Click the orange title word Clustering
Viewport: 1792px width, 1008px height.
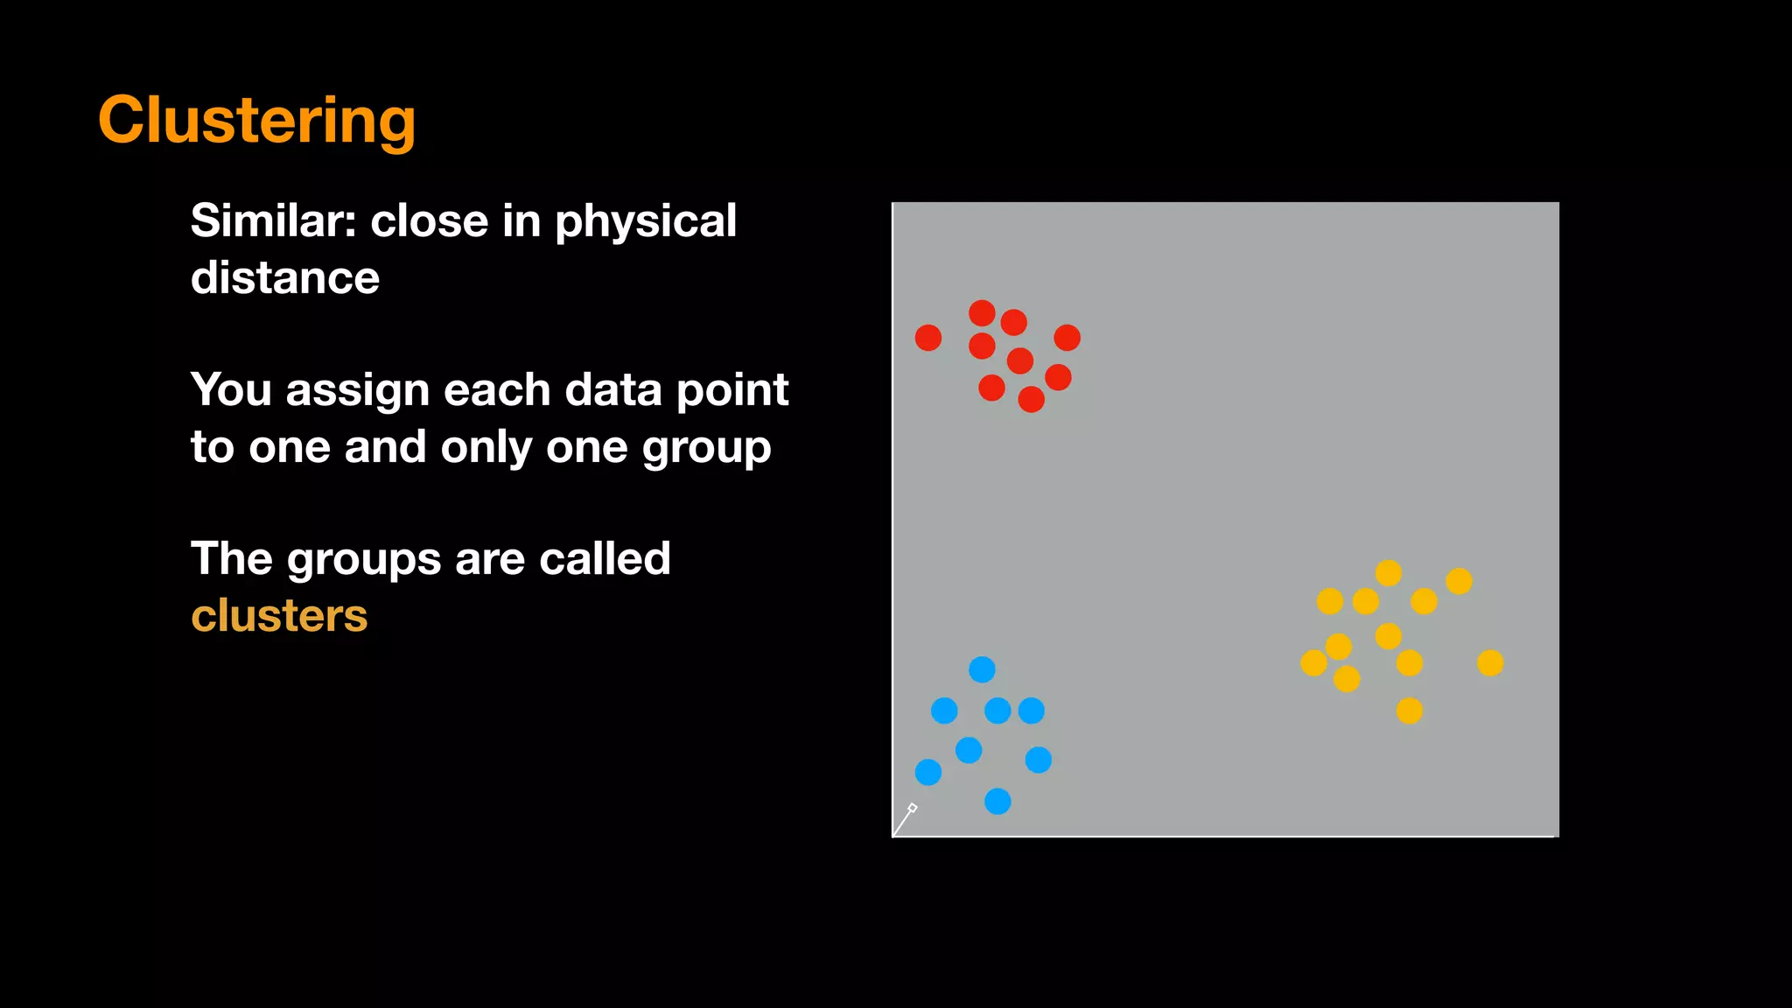(256, 121)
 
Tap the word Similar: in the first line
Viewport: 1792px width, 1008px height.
(274, 220)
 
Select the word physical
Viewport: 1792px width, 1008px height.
(646, 222)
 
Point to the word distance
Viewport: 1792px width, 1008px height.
(285, 278)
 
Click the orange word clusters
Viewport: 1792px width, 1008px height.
(279, 616)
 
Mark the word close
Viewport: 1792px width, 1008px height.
(430, 220)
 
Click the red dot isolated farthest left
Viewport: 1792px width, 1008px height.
(928, 338)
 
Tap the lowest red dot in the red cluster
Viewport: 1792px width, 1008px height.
(1032, 400)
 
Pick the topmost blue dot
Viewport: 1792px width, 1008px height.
(982, 670)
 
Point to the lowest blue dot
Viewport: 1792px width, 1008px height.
(997, 801)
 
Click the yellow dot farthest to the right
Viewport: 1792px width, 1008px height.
(1490, 663)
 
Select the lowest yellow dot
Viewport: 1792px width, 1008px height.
(1409, 710)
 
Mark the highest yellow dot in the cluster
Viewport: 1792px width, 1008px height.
(1389, 573)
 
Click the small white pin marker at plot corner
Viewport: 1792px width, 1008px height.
(913, 808)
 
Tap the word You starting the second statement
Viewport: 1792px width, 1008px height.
(231, 390)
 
